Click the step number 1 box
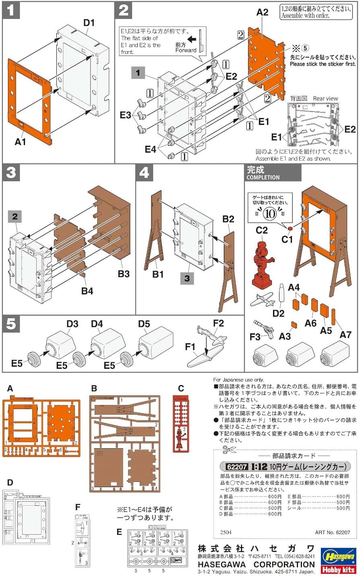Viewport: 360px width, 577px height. pos(10,11)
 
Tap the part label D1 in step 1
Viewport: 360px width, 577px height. pos(89,23)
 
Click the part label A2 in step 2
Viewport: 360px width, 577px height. pos(262,12)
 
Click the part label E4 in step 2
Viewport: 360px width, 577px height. pos(151,149)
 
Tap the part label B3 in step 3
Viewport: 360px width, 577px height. pos(124,274)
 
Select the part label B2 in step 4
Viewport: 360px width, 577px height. pos(228,219)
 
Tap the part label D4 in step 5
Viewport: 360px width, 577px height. pos(97,324)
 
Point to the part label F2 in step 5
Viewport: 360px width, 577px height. pos(218,323)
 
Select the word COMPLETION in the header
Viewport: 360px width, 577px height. pos(263,177)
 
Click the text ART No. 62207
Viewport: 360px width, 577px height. pos(332,532)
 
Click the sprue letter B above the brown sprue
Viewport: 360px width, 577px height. pos(94,389)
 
